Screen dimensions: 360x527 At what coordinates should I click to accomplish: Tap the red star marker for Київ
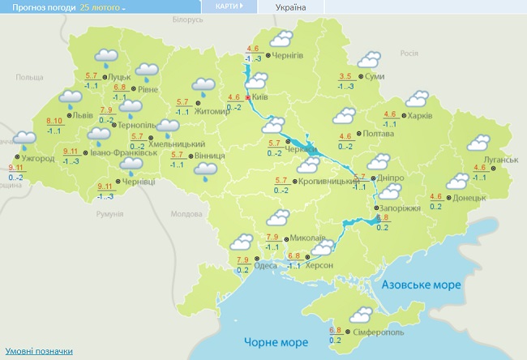[248, 97]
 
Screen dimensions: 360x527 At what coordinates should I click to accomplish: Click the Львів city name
[82, 115]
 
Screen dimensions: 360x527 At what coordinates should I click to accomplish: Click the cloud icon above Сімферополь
[361, 315]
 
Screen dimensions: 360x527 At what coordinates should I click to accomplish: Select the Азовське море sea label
[421, 285]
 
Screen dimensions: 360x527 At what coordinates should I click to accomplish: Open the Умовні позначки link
[36, 352]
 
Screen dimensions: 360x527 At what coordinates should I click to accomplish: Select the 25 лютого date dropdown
[103, 6]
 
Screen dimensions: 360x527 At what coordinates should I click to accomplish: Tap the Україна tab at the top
[291, 6]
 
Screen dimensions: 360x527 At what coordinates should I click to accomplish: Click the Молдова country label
[187, 215]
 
